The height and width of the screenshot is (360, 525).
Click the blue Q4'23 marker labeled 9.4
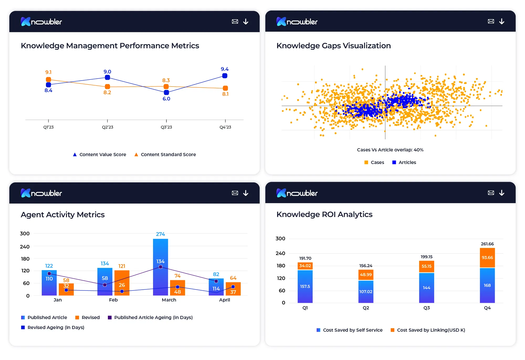tap(225, 76)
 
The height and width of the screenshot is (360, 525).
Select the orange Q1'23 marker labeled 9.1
tap(48, 80)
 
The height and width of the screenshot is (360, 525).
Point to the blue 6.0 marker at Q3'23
tap(166, 93)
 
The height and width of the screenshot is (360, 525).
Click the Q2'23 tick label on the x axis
tap(107, 127)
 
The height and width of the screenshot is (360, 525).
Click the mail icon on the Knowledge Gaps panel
tap(491, 22)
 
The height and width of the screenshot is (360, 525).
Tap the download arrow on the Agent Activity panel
tap(246, 193)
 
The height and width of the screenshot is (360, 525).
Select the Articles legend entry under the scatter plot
tap(404, 162)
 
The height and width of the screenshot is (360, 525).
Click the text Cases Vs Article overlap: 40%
tap(390, 150)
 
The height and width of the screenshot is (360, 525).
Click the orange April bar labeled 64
tap(233, 289)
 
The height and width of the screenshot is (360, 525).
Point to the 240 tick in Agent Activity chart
tap(25, 247)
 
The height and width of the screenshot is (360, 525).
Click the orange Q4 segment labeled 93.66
tap(487, 258)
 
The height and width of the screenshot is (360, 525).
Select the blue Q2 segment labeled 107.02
tap(366, 292)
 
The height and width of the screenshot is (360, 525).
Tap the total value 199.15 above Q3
tap(427, 257)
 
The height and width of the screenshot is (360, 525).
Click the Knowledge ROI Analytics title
tap(324, 214)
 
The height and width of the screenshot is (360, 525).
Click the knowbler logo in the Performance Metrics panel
tap(41, 22)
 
